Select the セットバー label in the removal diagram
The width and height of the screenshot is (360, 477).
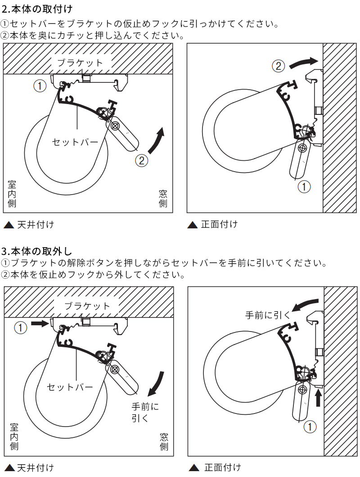point(70,387)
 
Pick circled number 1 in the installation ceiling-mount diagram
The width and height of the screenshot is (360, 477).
point(40,86)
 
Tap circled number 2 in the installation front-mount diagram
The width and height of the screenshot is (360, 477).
point(278,66)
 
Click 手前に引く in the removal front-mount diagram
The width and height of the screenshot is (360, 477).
point(268,315)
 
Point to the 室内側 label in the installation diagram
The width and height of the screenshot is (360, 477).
point(13,194)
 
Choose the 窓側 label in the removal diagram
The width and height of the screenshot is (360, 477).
point(164,441)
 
